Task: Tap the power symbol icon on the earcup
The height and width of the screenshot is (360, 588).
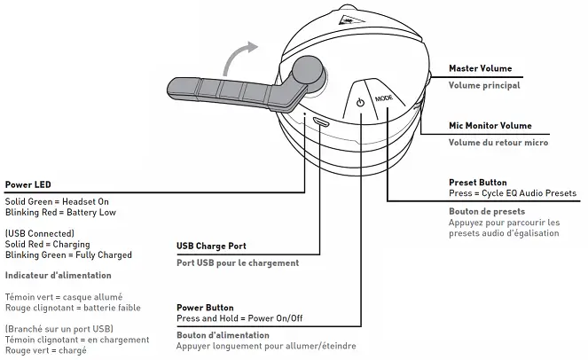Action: [359, 103]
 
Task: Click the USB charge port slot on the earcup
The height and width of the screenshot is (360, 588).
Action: [320, 122]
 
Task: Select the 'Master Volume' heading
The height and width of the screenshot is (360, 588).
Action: [480, 68]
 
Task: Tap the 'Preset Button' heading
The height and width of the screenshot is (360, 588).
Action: [478, 182]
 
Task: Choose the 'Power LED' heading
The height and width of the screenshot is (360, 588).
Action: [27, 185]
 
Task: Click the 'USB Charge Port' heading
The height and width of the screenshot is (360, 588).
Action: [211, 246]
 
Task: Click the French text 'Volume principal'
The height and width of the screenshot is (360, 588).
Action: [483, 86]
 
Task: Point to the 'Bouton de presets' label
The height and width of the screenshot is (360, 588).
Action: [487, 211]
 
